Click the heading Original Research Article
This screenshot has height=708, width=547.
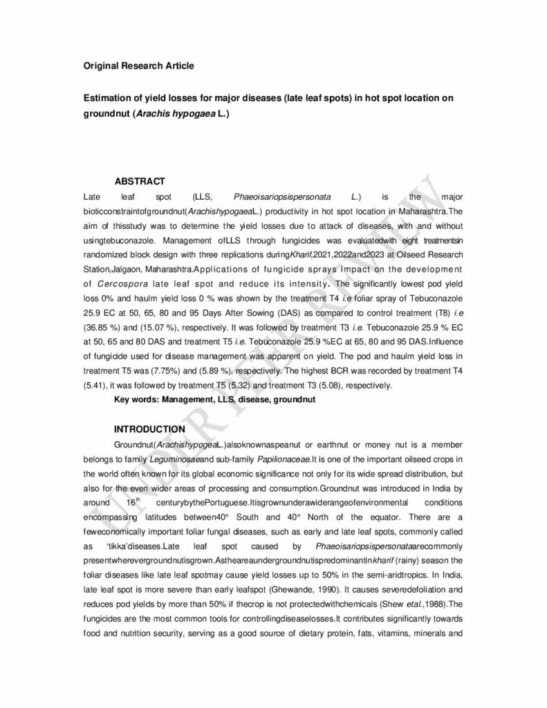tap(138, 66)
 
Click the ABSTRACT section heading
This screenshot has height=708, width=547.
tap(139, 181)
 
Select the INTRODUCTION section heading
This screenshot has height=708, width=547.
tap(149, 429)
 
